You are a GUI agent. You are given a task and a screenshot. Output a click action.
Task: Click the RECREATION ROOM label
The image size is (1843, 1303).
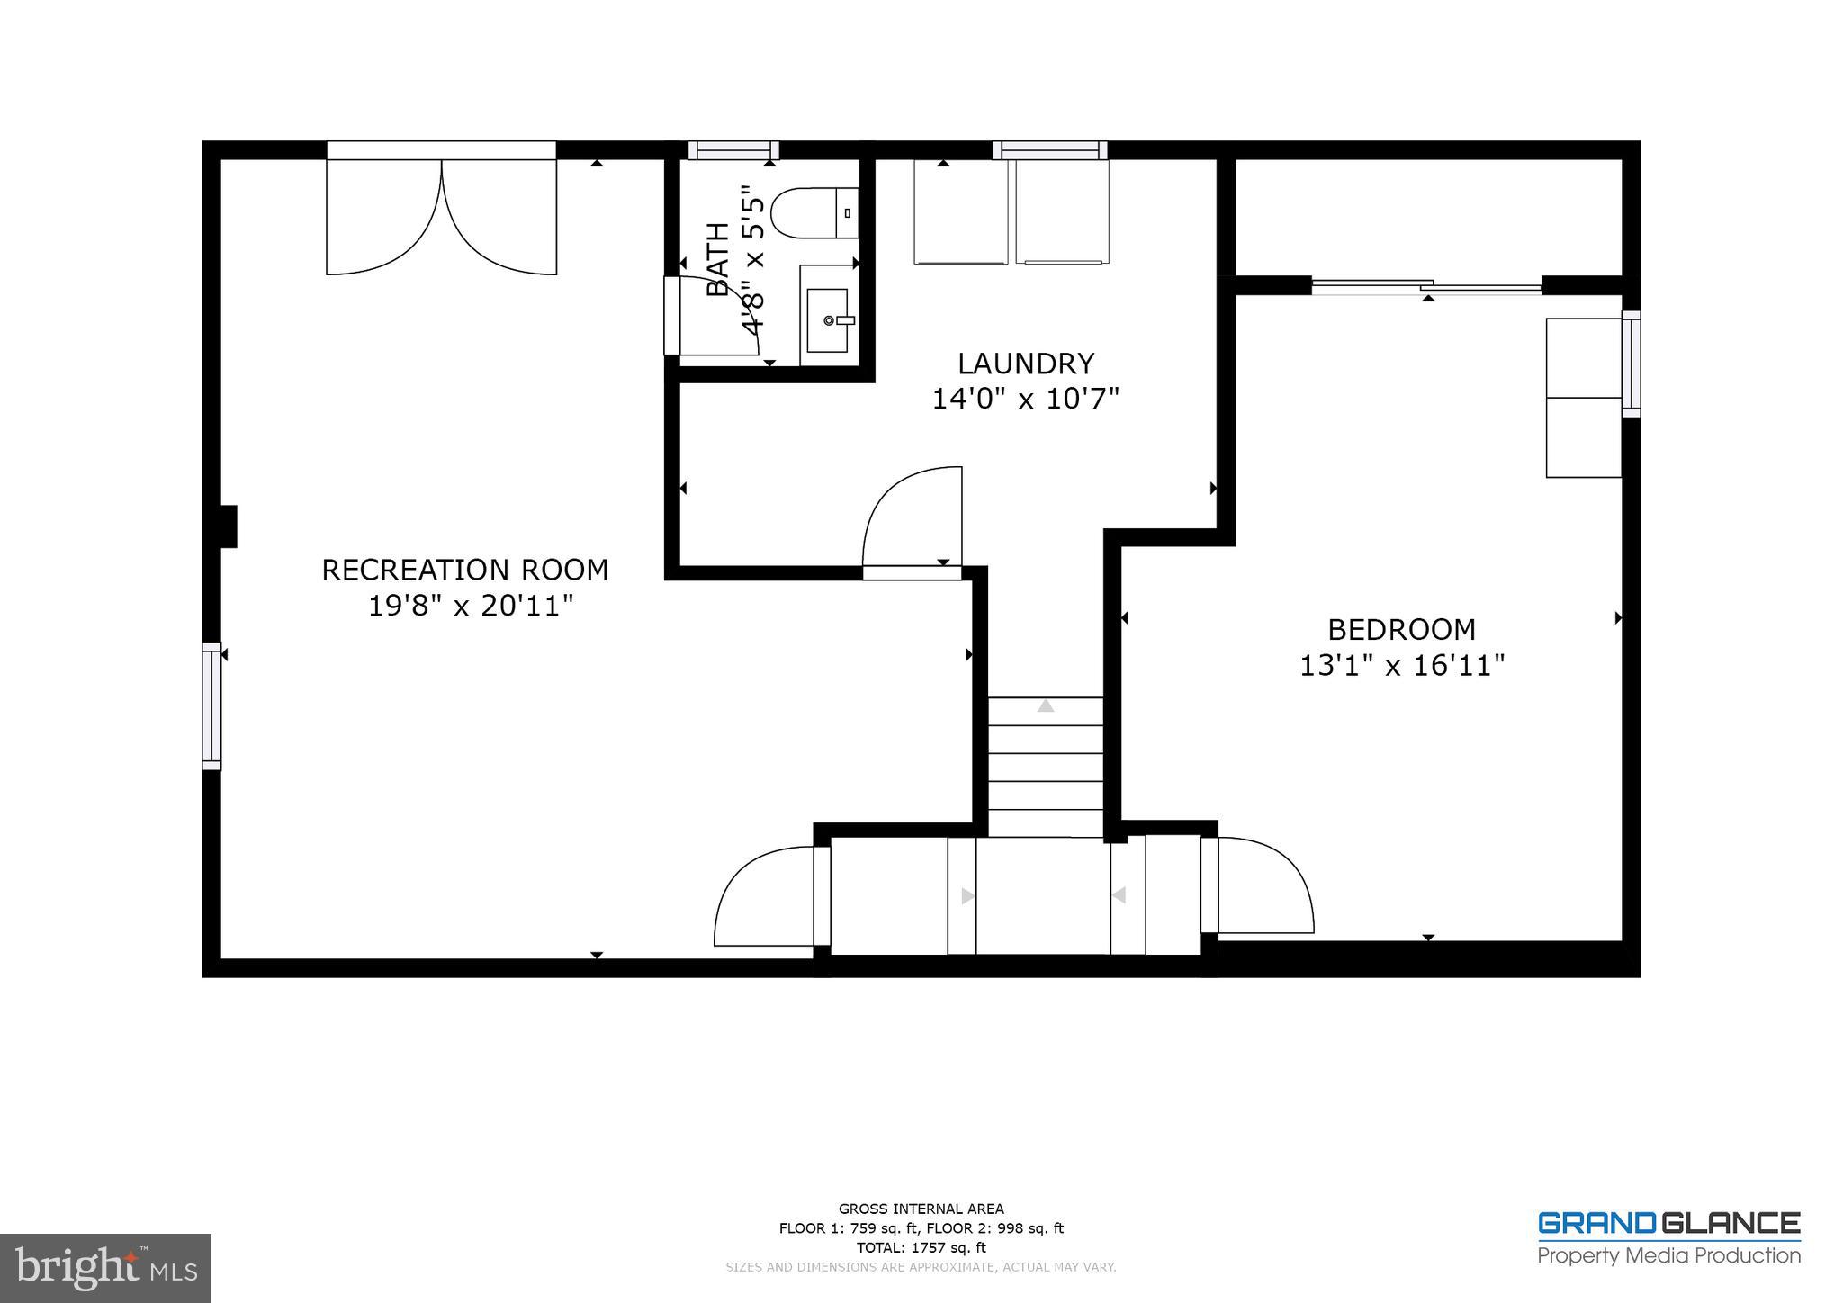(464, 570)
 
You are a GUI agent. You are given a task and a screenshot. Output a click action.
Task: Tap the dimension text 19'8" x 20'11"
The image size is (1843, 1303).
(470, 607)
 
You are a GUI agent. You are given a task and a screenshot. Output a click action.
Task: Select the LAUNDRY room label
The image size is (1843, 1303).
(1025, 364)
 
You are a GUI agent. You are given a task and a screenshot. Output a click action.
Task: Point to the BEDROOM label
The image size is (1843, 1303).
(1401, 629)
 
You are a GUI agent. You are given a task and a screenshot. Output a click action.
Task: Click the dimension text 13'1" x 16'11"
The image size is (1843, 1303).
(1401, 666)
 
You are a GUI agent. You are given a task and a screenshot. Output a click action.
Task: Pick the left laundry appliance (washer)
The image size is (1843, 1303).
(960, 212)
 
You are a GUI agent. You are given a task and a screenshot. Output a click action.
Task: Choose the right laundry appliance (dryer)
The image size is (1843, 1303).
(1062, 212)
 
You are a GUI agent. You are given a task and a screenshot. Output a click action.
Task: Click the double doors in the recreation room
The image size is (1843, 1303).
(441, 216)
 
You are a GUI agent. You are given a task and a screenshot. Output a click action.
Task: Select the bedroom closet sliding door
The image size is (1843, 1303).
(1426, 287)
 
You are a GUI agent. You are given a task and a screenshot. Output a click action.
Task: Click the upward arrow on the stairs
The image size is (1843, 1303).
(1045, 706)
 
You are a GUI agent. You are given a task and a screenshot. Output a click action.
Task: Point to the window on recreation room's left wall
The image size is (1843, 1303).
(211, 705)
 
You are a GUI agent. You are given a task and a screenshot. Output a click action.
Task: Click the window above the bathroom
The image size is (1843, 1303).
(733, 150)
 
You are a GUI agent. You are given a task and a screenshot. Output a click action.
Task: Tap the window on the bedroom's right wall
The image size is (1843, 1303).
(1631, 364)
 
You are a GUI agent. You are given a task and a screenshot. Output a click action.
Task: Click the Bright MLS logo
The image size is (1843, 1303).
(105, 1268)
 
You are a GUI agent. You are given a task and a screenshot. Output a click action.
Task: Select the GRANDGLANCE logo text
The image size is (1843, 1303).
(1668, 1224)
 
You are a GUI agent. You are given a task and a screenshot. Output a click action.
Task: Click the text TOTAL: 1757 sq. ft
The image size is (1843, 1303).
(921, 1247)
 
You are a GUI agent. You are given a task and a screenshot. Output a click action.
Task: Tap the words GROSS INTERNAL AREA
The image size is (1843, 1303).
(921, 1209)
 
